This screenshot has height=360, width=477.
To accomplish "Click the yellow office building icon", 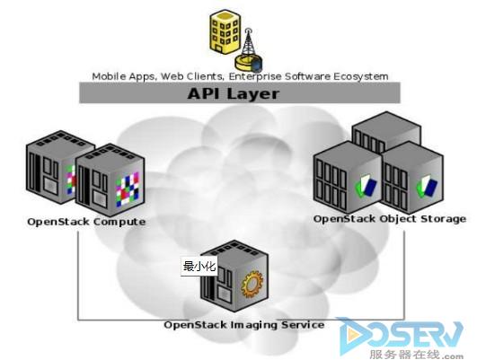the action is pyautogui.click(x=225, y=32).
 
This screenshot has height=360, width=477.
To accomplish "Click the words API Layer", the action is pyautogui.click(x=234, y=93).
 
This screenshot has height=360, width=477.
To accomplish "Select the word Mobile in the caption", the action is pyautogui.click(x=109, y=76).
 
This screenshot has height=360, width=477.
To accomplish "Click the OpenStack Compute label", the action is pyautogui.click(x=86, y=222).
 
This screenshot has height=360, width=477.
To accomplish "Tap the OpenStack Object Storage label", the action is pyautogui.click(x=390, y=219).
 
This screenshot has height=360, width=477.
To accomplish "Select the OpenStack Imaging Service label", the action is pyautogui.click(x=244, y=325).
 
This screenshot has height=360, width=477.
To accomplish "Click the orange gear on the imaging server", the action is pyautogui.click(x=252, y=285).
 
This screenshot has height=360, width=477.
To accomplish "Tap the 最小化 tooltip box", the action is pyautogui.click(x=199, y=267).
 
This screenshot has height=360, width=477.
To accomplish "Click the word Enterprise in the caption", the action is pyautogui.click(x=255, y=76).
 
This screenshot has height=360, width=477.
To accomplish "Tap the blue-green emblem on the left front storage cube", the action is pyautogui.click(x=366, y=185).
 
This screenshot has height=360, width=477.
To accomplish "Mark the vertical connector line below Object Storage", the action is pyautogui.click(x=404, y=275).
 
